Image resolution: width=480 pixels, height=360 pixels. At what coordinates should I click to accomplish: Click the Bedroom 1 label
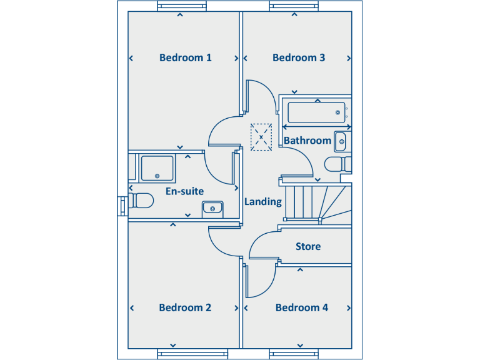click(185, 57)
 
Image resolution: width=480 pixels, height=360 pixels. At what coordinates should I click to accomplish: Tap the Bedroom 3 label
click(299, 57)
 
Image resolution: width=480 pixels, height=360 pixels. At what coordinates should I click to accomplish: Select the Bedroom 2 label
click(185, 307)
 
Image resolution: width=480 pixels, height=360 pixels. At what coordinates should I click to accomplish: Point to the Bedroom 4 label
click(301, 307)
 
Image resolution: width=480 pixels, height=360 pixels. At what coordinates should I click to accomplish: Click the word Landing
click(262, 202)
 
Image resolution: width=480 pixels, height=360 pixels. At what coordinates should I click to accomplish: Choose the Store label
click(308, 246)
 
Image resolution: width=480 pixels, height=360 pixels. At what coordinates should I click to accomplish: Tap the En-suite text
click(184, 191)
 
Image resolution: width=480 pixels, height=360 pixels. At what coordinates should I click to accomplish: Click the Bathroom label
click(307, 141)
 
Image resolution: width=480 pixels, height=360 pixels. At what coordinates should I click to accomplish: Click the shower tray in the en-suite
click(157, 167)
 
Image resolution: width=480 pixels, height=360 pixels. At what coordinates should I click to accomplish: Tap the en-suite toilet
click(141, 201)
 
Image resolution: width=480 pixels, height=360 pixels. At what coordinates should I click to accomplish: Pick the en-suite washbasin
click(212, 207)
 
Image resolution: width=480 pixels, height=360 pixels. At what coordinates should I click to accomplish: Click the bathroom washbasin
click(341, 142)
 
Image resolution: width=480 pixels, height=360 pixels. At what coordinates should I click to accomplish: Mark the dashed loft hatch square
click(261, 137)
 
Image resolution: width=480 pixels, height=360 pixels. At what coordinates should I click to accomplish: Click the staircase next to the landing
click(312, 202)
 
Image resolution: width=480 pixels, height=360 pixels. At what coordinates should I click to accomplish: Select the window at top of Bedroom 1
click(182, 6)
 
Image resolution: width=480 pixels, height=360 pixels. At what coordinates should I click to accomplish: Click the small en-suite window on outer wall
click(121, 206)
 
